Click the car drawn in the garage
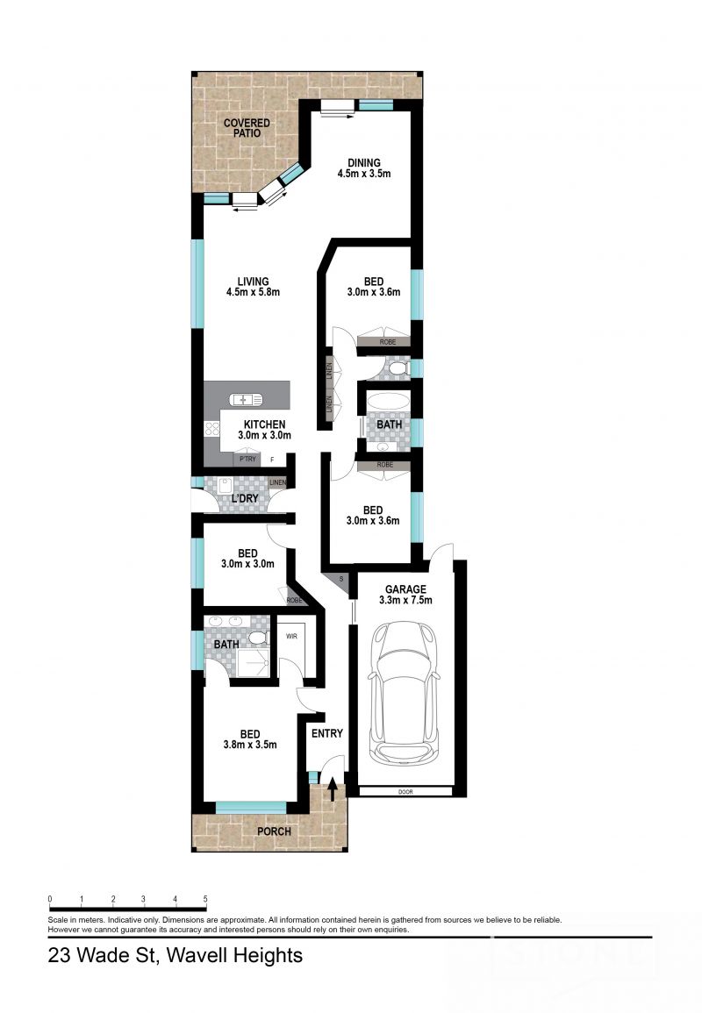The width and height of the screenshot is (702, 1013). coord(403,692)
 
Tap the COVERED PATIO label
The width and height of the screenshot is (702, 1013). coord(247,128)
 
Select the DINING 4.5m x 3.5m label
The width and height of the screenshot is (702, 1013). coord(363,168)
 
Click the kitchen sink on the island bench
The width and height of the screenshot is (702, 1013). coord(246,400)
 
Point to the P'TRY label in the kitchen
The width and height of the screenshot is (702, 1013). coord(246,459)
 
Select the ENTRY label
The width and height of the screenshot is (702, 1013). coord(327,733)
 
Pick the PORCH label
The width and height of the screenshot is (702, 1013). coord(273,831)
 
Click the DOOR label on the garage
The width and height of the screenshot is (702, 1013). coord(405,791)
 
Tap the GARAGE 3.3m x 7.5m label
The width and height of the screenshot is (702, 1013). coord(403,595)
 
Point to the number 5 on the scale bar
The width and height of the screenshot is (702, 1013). coord(205,899)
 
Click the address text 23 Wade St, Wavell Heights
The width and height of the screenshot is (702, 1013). coord(175,955)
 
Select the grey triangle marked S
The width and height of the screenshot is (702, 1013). coord(339,581)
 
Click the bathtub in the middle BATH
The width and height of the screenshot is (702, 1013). coord(388,404)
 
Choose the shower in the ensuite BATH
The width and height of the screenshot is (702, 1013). coord(254,664)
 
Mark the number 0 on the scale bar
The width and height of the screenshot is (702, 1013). coord(50,899)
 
